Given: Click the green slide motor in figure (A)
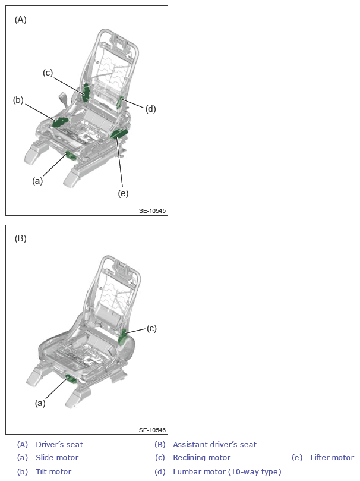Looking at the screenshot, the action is pos(71,156).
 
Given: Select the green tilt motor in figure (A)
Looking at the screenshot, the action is pos(60,122).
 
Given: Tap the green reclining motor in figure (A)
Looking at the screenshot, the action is pos(86,92).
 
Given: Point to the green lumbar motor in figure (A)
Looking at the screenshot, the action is pos(119,102).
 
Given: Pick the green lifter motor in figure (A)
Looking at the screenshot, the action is pos(119,134).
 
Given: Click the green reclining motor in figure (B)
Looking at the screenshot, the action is pos(124,337).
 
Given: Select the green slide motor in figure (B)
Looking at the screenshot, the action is pos(71,379).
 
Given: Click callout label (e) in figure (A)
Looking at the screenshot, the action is pos(123,193).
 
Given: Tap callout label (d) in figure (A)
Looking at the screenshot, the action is pos(150,109).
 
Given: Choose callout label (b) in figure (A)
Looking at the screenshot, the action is pos(18,100).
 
